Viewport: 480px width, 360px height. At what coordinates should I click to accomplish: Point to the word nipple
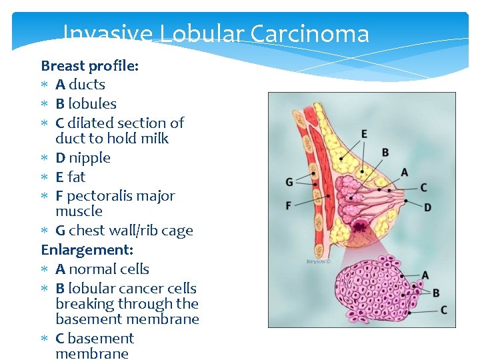point(89,158)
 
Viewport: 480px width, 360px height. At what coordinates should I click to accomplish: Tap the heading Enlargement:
point(87,250)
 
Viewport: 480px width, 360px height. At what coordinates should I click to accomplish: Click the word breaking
point(85,304)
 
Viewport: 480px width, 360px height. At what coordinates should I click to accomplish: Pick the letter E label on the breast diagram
point(364,134)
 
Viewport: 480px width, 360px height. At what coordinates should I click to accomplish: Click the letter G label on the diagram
point(289,182)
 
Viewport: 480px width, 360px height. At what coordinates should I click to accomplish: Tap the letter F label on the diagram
point(289,205)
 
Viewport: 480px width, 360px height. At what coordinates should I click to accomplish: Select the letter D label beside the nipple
point(427,208)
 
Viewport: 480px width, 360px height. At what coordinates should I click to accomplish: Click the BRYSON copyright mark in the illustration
point(317,262)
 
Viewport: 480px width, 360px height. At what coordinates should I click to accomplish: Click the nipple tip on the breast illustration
point(407,200)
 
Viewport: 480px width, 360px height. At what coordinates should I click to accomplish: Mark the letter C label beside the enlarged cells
point(443,311)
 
